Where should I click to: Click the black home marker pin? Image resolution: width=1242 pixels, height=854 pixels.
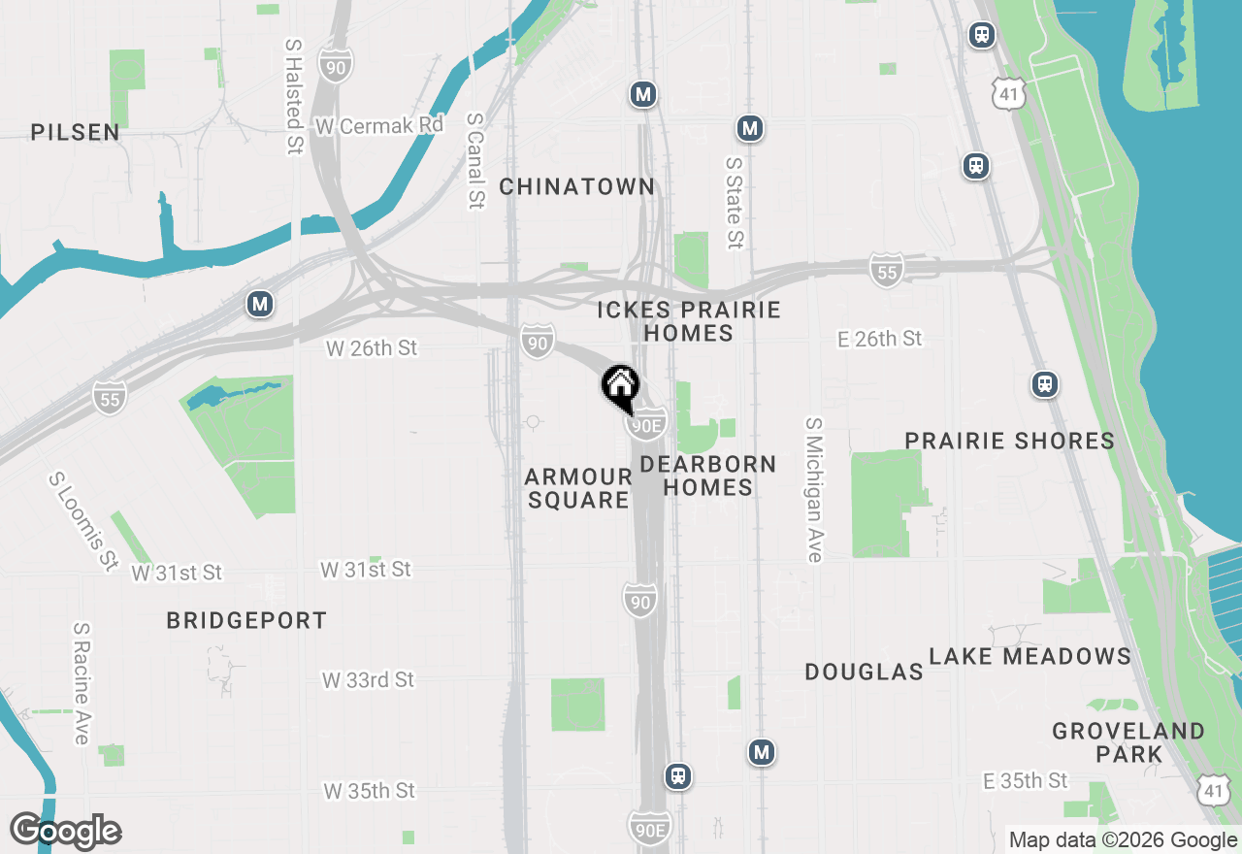pos(620,386)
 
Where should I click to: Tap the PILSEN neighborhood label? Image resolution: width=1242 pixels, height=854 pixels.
pos(76,132)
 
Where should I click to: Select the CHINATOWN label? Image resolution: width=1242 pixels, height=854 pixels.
pos(576,186)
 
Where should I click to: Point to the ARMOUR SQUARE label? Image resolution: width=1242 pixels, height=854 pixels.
pos(578,488)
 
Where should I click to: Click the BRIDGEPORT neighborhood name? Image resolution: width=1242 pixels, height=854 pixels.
pos(246,620)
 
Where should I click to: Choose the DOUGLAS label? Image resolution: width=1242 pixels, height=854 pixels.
pos(864,672)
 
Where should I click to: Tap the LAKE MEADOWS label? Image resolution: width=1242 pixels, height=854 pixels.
pos(1030,657)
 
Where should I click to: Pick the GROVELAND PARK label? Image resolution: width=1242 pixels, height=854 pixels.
pos(1128,742)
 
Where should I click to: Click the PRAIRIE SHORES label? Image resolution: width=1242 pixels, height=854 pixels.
pos(1009,441)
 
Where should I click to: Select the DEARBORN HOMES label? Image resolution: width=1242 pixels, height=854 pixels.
pos(708,476)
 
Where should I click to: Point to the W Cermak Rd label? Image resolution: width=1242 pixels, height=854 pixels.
pos(379,126)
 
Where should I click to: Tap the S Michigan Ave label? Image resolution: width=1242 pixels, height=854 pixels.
pos(813,490)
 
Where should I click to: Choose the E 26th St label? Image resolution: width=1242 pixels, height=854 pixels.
pos(880,339)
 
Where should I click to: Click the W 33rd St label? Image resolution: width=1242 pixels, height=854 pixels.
pos(368,680)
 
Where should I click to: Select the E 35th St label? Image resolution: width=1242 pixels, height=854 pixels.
pos(1025,781)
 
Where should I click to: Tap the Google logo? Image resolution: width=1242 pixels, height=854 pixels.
pos(66,832)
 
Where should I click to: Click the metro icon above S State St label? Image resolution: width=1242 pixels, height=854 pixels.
pos(748,128)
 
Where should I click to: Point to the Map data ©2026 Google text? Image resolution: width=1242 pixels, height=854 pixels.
pos(1123,840)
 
